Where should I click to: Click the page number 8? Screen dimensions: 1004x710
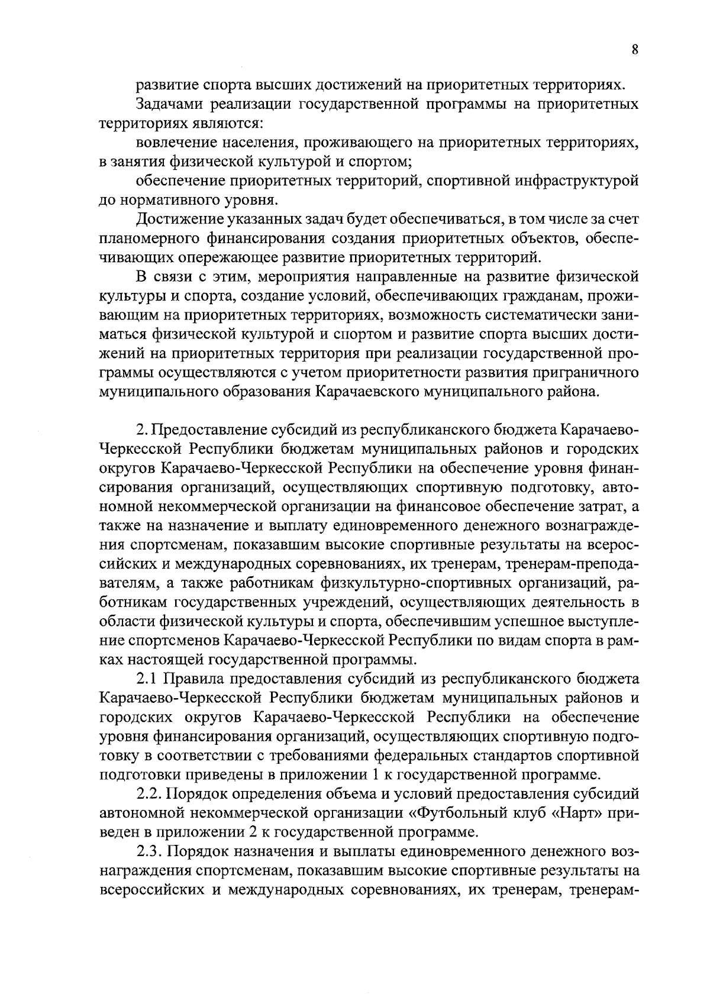point(634,50)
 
